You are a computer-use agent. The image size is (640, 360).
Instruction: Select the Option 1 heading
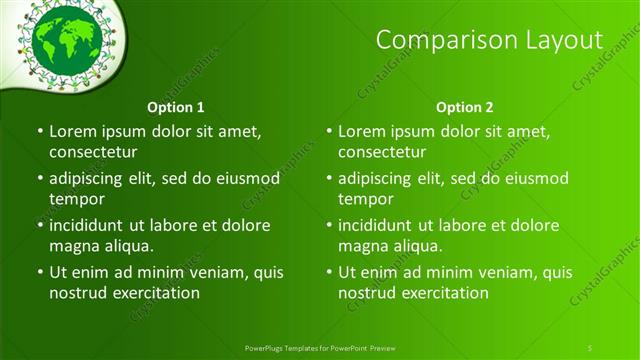[176, 106]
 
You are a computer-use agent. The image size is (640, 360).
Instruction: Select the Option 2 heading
[465, 106]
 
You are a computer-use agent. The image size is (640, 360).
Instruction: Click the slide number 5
[590, 346]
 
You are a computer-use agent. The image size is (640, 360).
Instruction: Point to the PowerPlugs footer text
[320, 346]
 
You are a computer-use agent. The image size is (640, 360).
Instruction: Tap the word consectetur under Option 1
[93, 152]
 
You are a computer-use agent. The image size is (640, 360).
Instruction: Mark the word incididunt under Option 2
[381, 225]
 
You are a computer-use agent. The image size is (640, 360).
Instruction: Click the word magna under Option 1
[73, 246]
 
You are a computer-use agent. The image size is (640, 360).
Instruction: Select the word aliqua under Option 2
[420, 246]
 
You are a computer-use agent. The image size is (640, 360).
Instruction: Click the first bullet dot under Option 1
[39, 131]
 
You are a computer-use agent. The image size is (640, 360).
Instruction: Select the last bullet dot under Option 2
[328, 272]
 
